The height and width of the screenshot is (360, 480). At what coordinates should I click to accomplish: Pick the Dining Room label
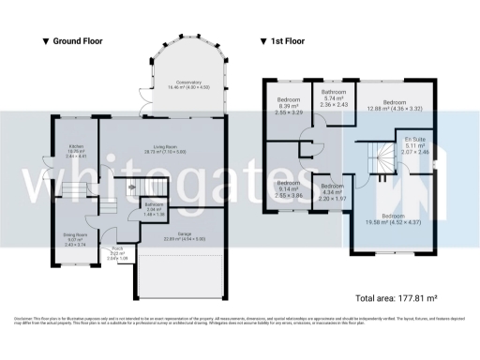click(76, 237)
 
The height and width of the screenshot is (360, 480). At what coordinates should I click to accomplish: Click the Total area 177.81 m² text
click(397, 298)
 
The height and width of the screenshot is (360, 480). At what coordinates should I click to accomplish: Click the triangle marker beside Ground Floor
click(45, 41)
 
